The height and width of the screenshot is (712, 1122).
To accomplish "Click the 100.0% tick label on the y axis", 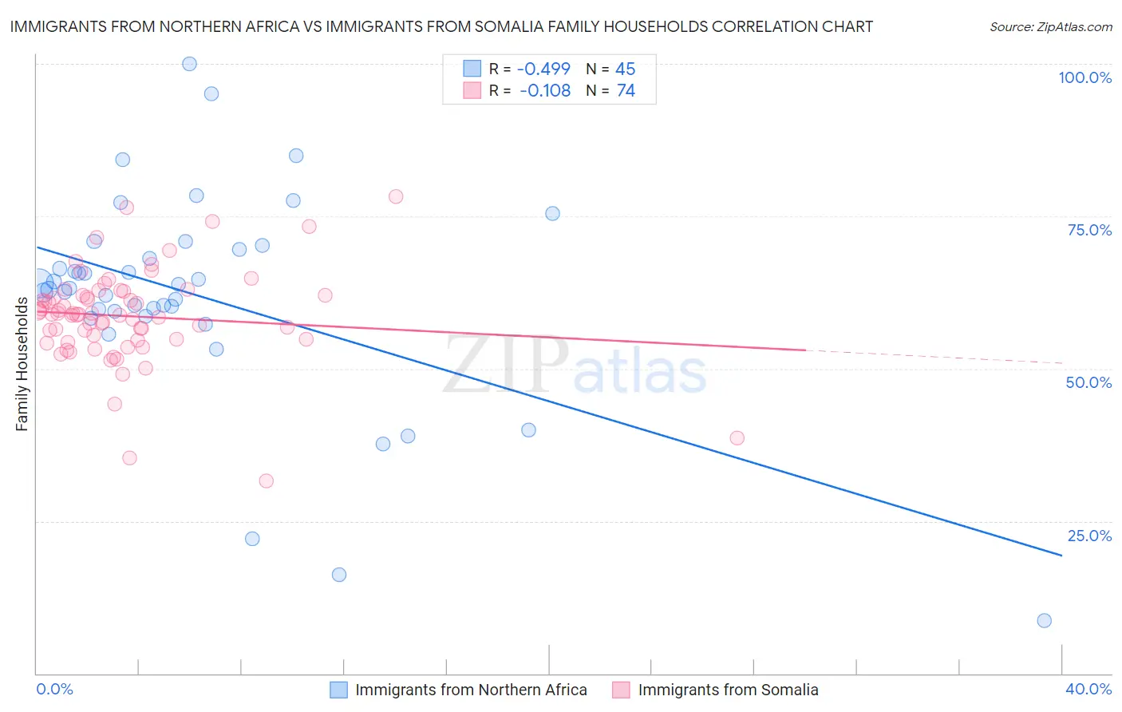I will tap(1084, 77).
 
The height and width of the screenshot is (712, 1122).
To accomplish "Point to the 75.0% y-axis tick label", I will tap(1089, 230).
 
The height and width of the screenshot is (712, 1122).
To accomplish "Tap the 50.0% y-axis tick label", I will tap(1088, 382).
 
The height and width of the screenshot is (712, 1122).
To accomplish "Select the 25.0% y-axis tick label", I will tap(1089, 536).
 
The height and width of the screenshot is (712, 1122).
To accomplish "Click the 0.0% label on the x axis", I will tap(54, 689).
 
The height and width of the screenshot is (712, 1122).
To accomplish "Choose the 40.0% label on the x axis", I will tap(1088, 689).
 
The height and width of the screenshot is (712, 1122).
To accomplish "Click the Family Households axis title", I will tap(22, 364).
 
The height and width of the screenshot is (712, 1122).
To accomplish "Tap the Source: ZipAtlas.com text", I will tap(1050, 26).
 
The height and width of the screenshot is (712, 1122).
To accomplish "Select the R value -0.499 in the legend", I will tap(543, 69).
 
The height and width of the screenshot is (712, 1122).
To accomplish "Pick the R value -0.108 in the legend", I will tap(544, 91).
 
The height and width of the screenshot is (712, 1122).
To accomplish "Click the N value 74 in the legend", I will tap(626, 91).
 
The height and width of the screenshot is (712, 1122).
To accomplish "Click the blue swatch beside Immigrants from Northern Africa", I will tap(338, 690).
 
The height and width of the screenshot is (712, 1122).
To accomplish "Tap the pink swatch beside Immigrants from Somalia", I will tap(621, 690).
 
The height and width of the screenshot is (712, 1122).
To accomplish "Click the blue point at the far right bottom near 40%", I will tap(1044, 620).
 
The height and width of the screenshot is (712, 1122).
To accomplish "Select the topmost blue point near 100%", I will tap(189, 64).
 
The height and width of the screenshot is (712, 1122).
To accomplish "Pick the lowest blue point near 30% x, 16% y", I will tap(339, 575).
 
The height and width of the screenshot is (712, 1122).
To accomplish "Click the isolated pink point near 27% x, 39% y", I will tap(737, 438).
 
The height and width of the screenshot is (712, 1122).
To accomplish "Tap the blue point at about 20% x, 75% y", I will tap(552, 213).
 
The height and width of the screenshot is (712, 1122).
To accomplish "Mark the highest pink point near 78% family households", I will tap(396, 196).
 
